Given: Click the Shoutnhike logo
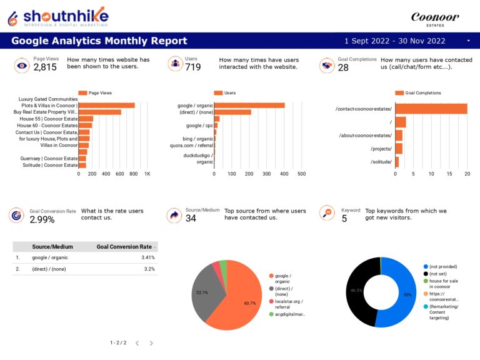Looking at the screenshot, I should click(57, 16).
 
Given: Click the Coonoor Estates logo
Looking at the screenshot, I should click(434, 19).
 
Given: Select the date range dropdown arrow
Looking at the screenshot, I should click(469, 41).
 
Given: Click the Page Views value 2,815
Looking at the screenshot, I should click(45, 67).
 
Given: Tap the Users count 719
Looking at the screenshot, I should click(192, 67).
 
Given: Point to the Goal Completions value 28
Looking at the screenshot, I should click(343, 67).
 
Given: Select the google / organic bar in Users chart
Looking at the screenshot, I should click(249, 106).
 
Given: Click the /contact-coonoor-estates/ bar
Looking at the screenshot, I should click(431, 109).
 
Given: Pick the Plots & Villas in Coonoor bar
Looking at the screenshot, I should click(106, 106).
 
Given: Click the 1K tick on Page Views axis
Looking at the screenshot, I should click(147, 174).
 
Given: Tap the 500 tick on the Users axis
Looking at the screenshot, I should click(301, 174).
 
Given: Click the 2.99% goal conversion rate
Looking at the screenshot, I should click(42, 220).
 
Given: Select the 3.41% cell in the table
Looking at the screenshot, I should click(148, 257).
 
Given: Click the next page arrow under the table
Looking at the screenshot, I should click(151, 343).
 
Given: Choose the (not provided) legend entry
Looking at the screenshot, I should click(444, 266).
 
